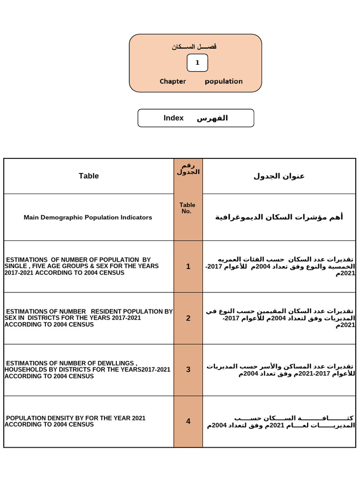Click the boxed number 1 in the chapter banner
(197, 63)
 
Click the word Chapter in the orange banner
(172, 82)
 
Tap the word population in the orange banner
(224, 82)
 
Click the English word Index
(173, 118)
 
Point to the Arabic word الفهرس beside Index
(212, 118)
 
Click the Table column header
(89, 176)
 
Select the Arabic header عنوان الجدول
(279, 176)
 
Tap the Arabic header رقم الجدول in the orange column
(188, 169)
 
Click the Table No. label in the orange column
(187, 208)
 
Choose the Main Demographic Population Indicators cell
(88, 217)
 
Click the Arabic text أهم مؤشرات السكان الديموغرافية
(279, 217)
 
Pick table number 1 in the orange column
(188, 266)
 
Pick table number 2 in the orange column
(188, 318)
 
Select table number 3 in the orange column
(188, 369)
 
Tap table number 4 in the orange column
(188, 421)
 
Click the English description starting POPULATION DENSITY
(75, 421)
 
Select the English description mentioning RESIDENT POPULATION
(88, 318)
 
